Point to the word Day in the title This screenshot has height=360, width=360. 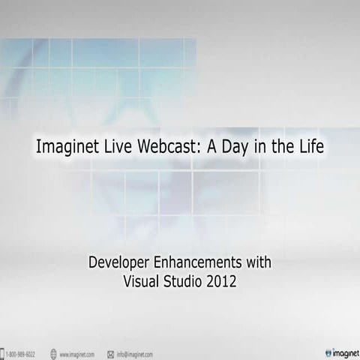click(x=232, y=147)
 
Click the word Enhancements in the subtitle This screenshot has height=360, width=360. click(x=199, y=263)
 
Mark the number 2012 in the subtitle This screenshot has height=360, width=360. click(x=223, y=283)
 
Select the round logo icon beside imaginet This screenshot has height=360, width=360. click(x=328, y=352)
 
